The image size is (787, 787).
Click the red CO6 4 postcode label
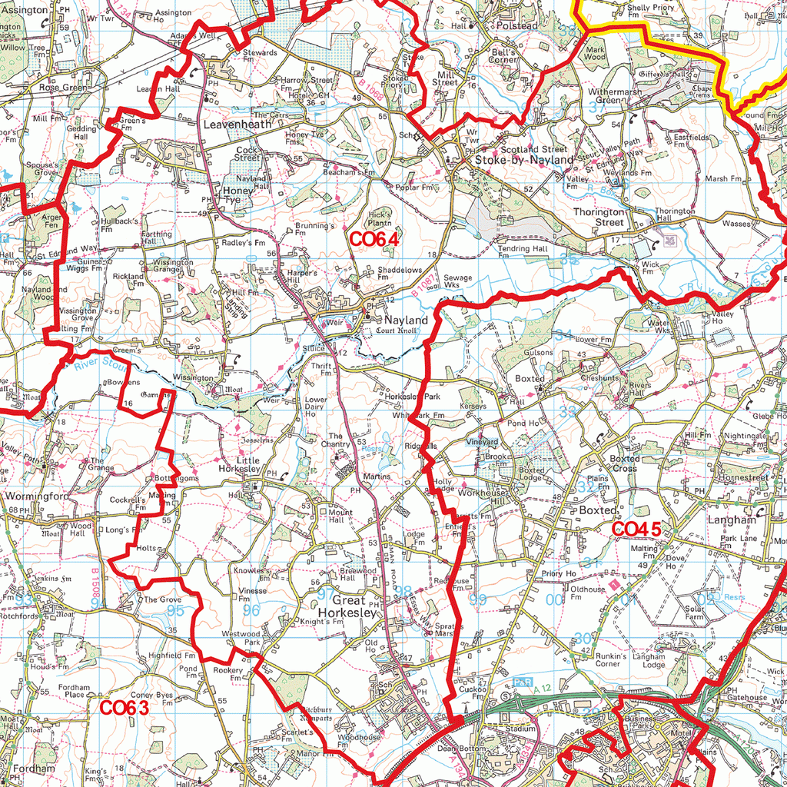pyautogui.click(x=374, y=240)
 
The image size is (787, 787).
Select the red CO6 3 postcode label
pyautogui.click(x=124, y=708)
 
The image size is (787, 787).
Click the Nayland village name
pyautogui.click(x=406, y=320)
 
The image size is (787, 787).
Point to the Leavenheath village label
pyautogui.click(x=237, y=123)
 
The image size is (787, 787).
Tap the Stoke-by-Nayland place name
pyautogui.click(x=523, y=160)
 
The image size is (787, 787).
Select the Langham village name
pyautogui.click(x=732, y=520)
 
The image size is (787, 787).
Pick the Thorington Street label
pyautogui.click(x=599, y=217)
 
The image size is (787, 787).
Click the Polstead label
pyautogui.click(x=516, y=26)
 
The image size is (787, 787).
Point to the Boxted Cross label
pyautogui.click(x=624, y=463)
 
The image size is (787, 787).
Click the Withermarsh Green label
pyautogui.click(x=615, y=96)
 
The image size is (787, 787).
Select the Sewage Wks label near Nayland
pyautogui.click(x=458, y=281)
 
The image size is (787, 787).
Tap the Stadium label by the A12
pyautogui.click(x=521, y=728)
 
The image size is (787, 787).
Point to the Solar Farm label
pyautogui.click(x=694, y=613)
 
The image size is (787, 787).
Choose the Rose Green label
pyautogui.click(x=64, y=88)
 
